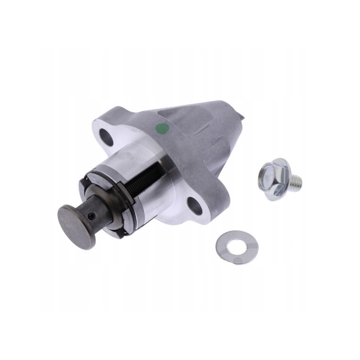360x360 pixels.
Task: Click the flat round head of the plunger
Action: click(76, 226)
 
